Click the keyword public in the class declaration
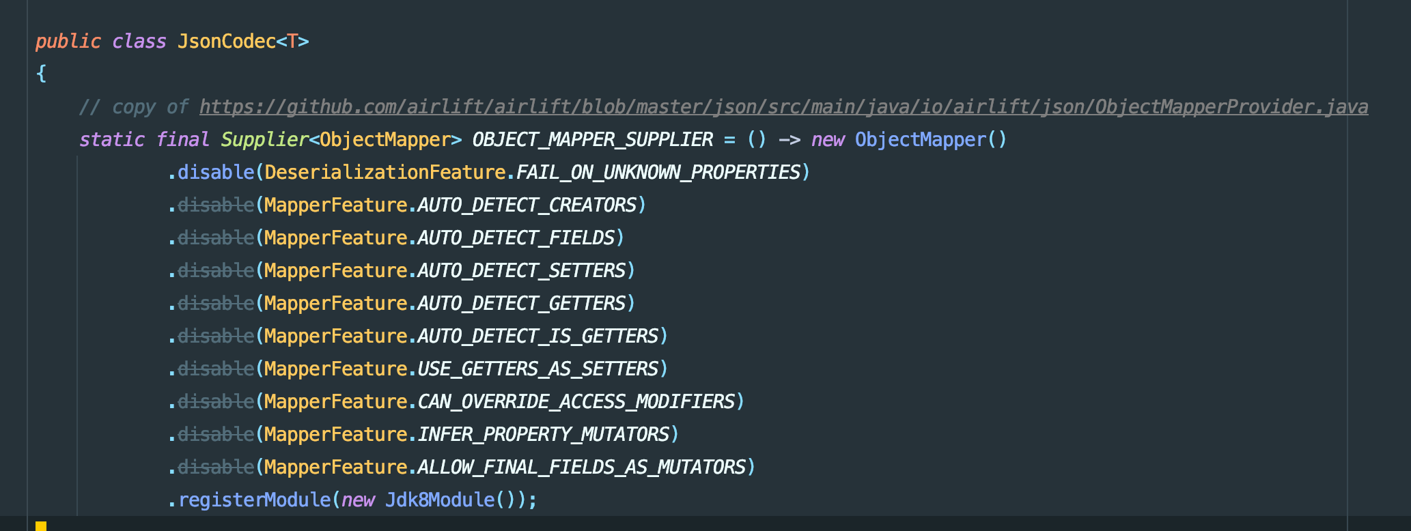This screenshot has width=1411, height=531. click(68, 42)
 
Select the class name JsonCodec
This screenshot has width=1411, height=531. click(226, 42)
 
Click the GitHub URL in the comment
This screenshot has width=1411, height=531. click(783, 107)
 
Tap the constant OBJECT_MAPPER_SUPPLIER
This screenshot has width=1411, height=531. click(592, 140)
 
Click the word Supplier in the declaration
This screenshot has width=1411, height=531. click(264, 140)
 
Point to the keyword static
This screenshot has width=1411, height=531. click(111, 140)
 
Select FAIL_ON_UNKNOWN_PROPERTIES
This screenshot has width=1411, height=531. click(658, 173)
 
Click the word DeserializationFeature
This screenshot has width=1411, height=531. click(385, 173)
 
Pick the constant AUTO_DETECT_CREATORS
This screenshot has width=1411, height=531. click(527, 205)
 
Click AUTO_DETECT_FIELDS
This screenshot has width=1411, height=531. click(516, 238)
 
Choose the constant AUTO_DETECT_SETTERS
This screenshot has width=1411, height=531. click(521, 271)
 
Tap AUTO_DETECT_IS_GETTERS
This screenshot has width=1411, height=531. click(537, 336)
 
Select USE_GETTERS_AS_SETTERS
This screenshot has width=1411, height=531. click(537, 369)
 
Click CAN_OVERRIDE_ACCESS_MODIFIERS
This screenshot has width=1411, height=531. click(576, 402)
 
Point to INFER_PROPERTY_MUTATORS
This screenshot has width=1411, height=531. click(543, 435)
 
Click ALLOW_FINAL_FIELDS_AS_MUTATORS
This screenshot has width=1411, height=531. click(581, 468)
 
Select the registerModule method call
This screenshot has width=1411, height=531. click(254, 500)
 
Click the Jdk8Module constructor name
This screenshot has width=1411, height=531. click(439, 500)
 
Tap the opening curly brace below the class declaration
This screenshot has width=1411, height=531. click(41, 74)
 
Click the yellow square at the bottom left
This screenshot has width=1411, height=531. click(41, 526)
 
